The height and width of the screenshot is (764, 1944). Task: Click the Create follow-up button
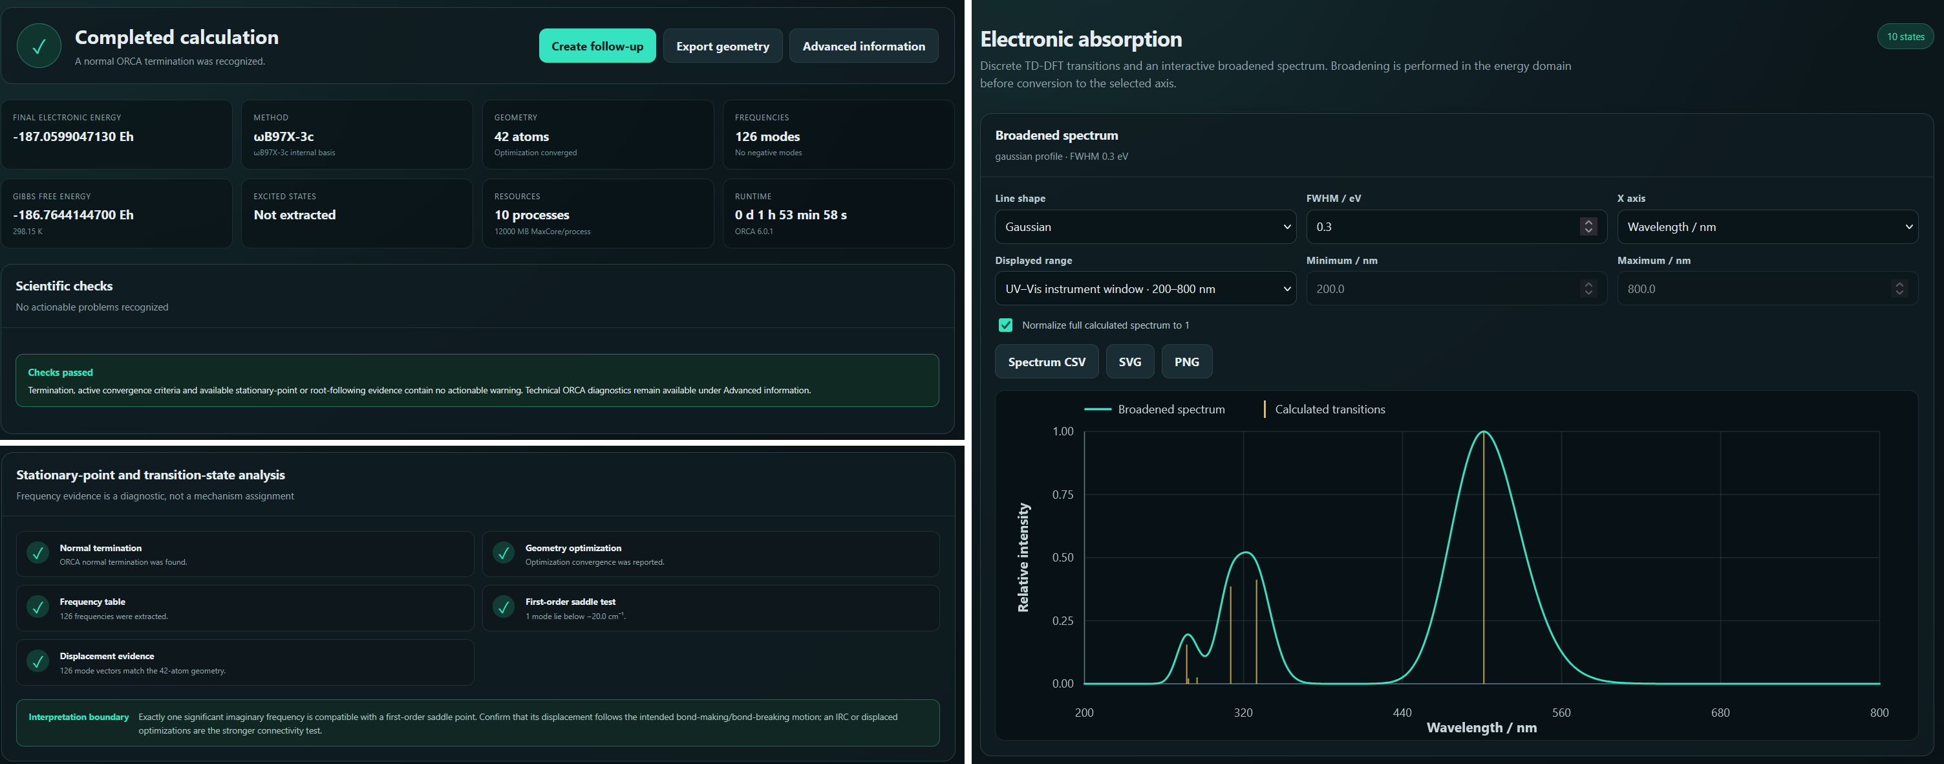(597, 46)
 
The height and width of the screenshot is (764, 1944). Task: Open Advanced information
(863, 46)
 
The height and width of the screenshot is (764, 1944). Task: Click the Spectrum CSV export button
(1046, 362)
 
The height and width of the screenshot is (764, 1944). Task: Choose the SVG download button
(1129, 362)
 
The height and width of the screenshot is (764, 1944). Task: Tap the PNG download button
(1186, 362)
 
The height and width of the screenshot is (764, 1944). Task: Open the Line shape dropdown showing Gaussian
(1145, 226)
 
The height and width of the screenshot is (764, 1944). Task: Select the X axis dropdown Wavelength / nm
(1767, 226)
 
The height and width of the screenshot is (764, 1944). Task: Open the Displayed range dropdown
(1145, 289)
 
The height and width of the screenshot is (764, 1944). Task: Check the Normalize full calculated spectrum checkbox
(1005, 325)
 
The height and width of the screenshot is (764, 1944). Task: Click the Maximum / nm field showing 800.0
(1767, 289)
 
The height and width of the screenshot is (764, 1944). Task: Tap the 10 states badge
(1905, 36)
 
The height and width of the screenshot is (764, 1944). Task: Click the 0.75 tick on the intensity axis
(1063, 494)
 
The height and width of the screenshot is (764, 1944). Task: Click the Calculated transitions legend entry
(1325, 409)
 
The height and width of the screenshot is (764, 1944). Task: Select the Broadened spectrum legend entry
(1155, 409)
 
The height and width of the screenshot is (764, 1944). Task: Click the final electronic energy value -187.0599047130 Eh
(73, 136)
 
